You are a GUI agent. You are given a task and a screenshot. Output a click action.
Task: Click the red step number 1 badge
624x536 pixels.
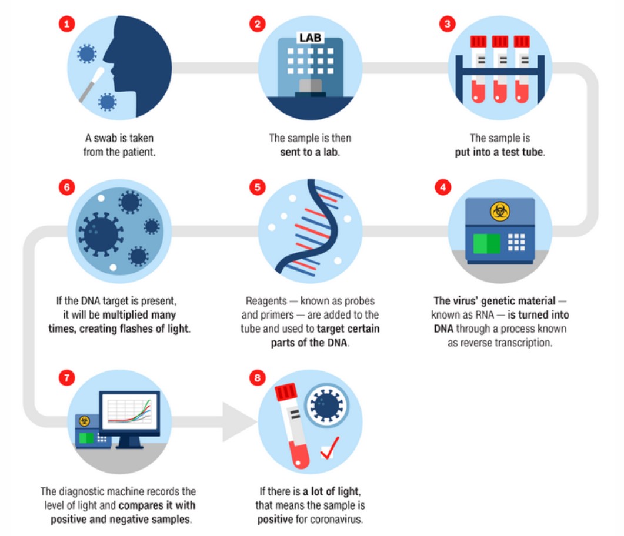[x=67, y=24]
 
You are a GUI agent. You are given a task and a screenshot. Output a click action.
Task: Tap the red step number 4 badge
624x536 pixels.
[x=443, y=187]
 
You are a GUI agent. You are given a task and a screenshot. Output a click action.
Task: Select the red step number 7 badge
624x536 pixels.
[x=67, y=377]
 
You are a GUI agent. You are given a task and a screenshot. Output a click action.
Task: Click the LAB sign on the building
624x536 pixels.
[x=310, y=38]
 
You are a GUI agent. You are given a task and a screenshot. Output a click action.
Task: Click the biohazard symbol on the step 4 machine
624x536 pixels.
[x=500, y=211]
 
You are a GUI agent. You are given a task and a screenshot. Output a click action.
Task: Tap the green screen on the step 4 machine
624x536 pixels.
[x=486, y=243]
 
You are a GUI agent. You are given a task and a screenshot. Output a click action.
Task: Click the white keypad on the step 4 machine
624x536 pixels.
[x=516, y=242]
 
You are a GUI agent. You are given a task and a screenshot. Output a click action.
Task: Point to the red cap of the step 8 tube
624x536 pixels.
[x=286, y=392]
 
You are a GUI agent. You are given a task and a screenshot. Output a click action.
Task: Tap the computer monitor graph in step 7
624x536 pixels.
[x=130, y=412]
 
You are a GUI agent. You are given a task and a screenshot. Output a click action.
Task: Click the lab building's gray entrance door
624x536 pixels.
[x=310, y=86]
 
